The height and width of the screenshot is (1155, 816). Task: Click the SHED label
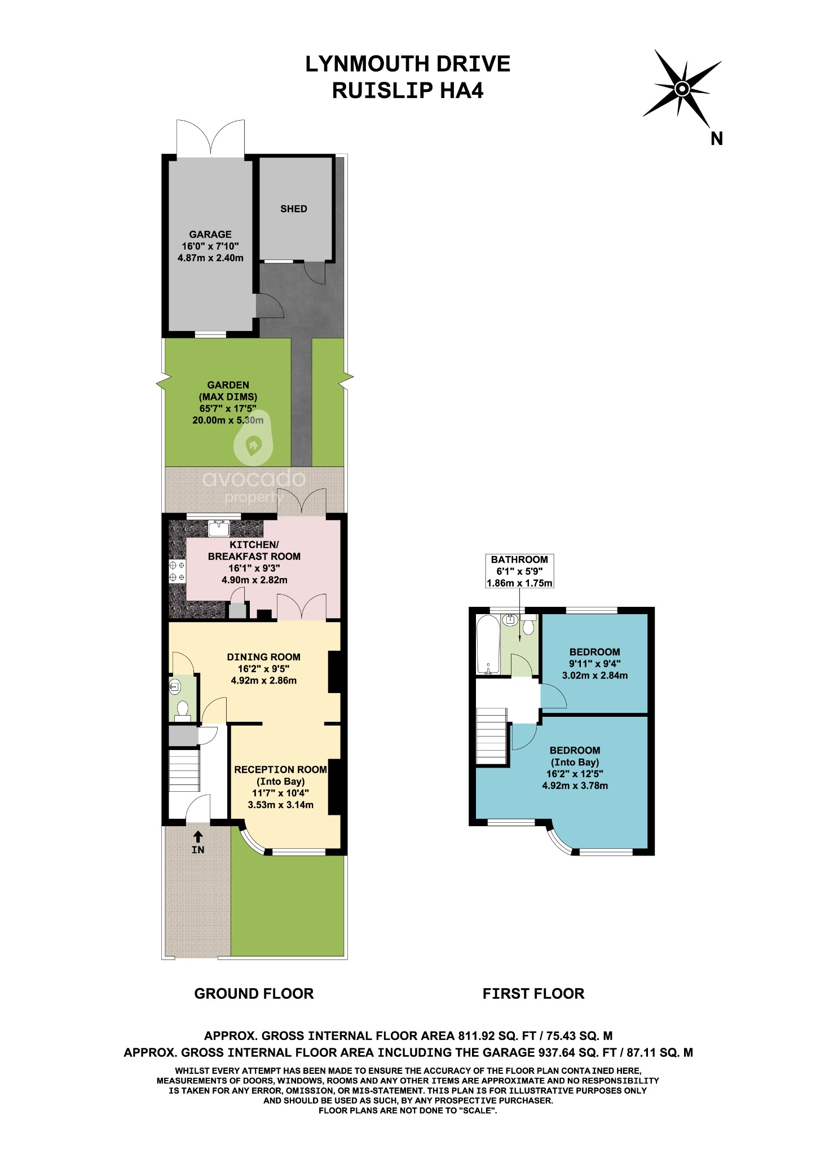[293, 209]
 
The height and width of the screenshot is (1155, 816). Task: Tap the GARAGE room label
[210, 234]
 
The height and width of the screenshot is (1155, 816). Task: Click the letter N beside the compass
[716, 139]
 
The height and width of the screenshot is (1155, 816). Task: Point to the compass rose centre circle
[682, 89]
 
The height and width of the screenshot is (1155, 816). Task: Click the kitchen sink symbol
[218, 528]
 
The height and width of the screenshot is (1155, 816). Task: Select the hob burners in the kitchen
[177, 571]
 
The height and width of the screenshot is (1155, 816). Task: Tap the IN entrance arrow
[198, 837]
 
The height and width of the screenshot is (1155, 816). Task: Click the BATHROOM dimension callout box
[519, 571]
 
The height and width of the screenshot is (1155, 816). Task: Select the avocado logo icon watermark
[253, 443]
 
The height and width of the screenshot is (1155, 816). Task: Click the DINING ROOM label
[263, 657]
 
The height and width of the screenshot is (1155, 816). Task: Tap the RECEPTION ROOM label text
[280, 770]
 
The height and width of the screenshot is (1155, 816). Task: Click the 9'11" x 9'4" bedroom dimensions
[594, 664]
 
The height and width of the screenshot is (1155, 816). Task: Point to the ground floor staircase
[184, 769]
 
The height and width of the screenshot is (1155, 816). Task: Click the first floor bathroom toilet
[528, 626]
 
